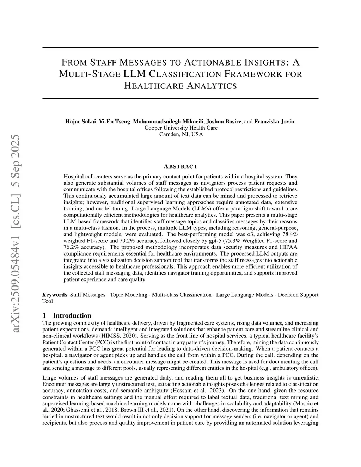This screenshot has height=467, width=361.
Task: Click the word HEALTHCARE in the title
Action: [x=148, y=86]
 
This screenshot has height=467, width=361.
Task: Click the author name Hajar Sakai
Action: [x=80, y=122]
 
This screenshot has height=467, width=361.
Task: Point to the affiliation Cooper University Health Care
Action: [x=181, y=128]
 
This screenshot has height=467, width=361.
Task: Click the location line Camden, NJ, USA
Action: [x=181, y=134]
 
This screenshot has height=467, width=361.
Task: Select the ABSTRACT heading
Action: [x=181, y=166]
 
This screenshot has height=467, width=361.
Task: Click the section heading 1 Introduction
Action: [x=67, y=315]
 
